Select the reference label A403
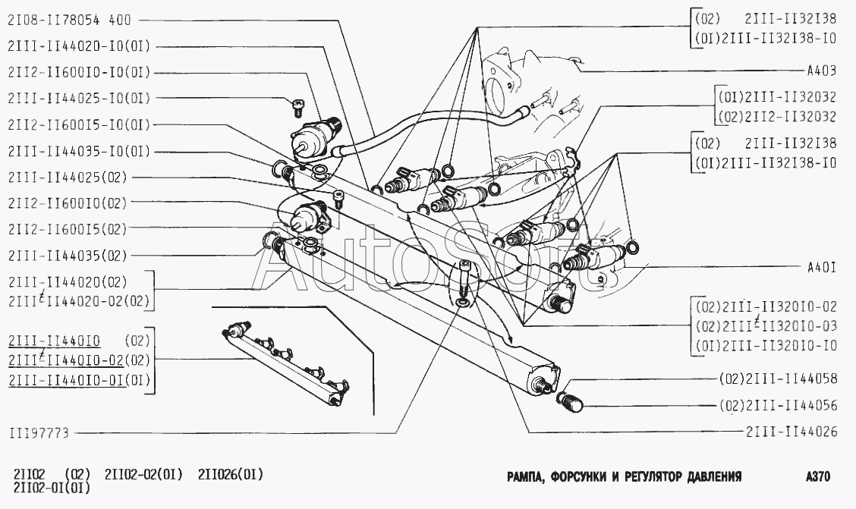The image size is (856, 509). pyautogui.click(x=821, y=71)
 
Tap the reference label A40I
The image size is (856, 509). pyautogui.click(x=821, y=268)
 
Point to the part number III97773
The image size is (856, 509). pyautogui.click(x=39, y=433)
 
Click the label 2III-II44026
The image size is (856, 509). pyautogui.click(x=791, y=432)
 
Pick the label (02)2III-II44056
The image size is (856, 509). pyautogui.click(x=778, y=406)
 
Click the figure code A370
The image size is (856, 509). pyautogui.click(x=818, y=477)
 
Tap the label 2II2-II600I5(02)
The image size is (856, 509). pyautogui.click(x=68, y=228)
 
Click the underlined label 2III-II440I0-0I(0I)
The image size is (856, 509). pyautogui.click(x=80, y=380)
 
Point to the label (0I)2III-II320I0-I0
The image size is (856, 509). pyautogui.click(x=765, y=347)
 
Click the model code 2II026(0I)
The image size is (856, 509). pyautogui.click(x=231, y=476)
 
